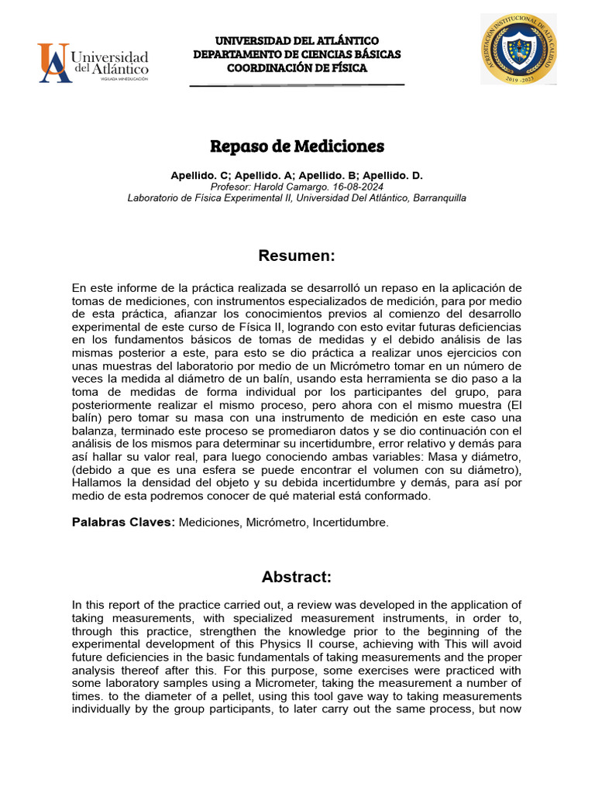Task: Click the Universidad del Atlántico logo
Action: point(93,62)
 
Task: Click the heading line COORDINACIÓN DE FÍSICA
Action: point(297,68)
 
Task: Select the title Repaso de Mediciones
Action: point(297,146)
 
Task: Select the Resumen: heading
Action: point(297,256)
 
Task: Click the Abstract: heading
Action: point(297,576)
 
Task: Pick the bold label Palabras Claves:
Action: point(122,523)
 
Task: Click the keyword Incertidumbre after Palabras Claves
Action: point(350,523)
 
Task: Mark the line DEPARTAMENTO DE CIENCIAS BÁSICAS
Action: point(297,54)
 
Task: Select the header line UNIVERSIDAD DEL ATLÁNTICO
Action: point(297,40)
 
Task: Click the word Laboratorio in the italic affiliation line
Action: point(153,197)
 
